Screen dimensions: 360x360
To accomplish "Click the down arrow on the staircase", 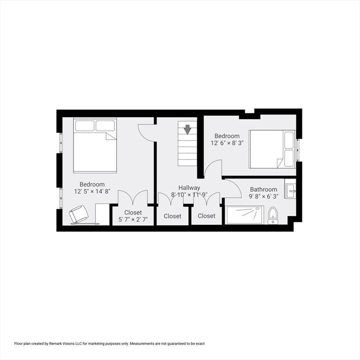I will [x=187, y=129].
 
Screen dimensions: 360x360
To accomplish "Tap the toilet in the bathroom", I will [x=273, y=216].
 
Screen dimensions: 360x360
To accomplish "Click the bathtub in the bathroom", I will [x=245, y=215].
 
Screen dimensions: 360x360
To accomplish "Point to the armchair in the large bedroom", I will [x=78, y=214].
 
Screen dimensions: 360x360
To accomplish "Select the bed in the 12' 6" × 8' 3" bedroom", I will [x=271, y=149].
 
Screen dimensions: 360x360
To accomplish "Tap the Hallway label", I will [x=189, y=187].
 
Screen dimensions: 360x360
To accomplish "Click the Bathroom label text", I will [x=263, y=189].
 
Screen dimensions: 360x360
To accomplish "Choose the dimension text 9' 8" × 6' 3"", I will [x=263, y=196].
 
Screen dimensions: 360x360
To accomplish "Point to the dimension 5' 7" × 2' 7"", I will [x=133, y=219].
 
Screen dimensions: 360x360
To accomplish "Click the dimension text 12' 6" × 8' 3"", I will [x=226, y=143].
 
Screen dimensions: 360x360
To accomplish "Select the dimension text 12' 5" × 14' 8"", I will [x=92, y=191].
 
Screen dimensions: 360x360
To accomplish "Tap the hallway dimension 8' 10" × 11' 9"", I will [x=189, y=195].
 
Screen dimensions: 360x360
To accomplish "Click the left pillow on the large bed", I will [x=85, y=126].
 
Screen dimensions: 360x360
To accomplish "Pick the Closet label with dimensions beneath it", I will [x=133, y=212].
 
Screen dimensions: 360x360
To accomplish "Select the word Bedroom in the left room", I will [x=92, y=184].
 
